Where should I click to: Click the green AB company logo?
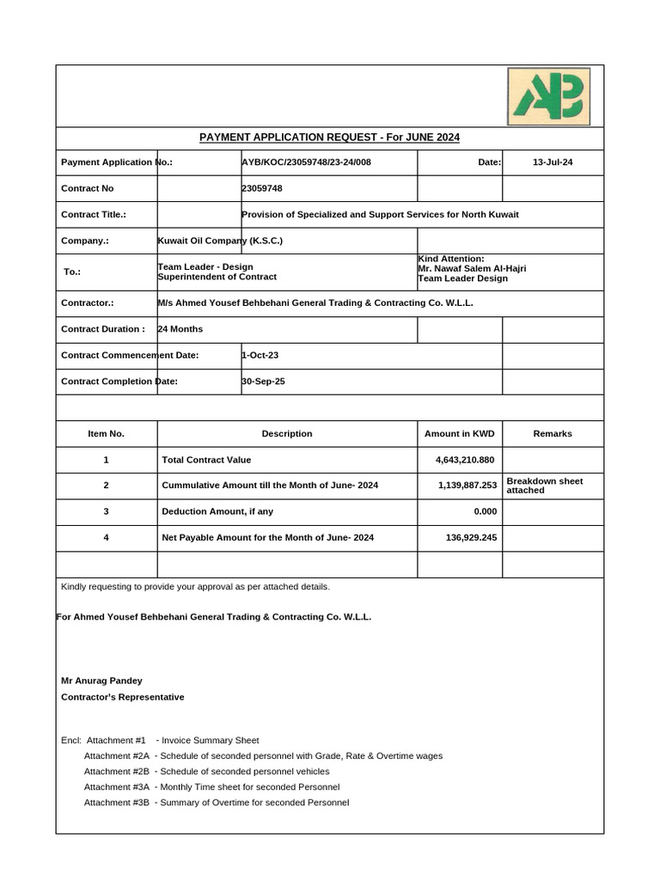coord(547,95)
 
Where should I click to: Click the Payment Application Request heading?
coord(330,137)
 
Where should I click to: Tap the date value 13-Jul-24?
coord(553,162)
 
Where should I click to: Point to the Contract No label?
coord(88,188)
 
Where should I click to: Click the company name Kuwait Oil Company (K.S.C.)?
coord(220,241)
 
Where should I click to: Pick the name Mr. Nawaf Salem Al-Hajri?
coord(472,268)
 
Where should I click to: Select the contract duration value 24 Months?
coord(180,329)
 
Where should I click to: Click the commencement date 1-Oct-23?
coord(260,355)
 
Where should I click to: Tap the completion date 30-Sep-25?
coord(263,381)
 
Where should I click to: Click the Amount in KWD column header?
coord(460,434)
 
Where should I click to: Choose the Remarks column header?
coord(553,434)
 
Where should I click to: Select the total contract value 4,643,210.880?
coord(465,460)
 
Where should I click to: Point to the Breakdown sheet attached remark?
coord(545,486)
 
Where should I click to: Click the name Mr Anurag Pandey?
coord(101,681)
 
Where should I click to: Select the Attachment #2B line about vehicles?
coord(206,772)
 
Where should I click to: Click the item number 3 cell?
coord(107,511)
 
